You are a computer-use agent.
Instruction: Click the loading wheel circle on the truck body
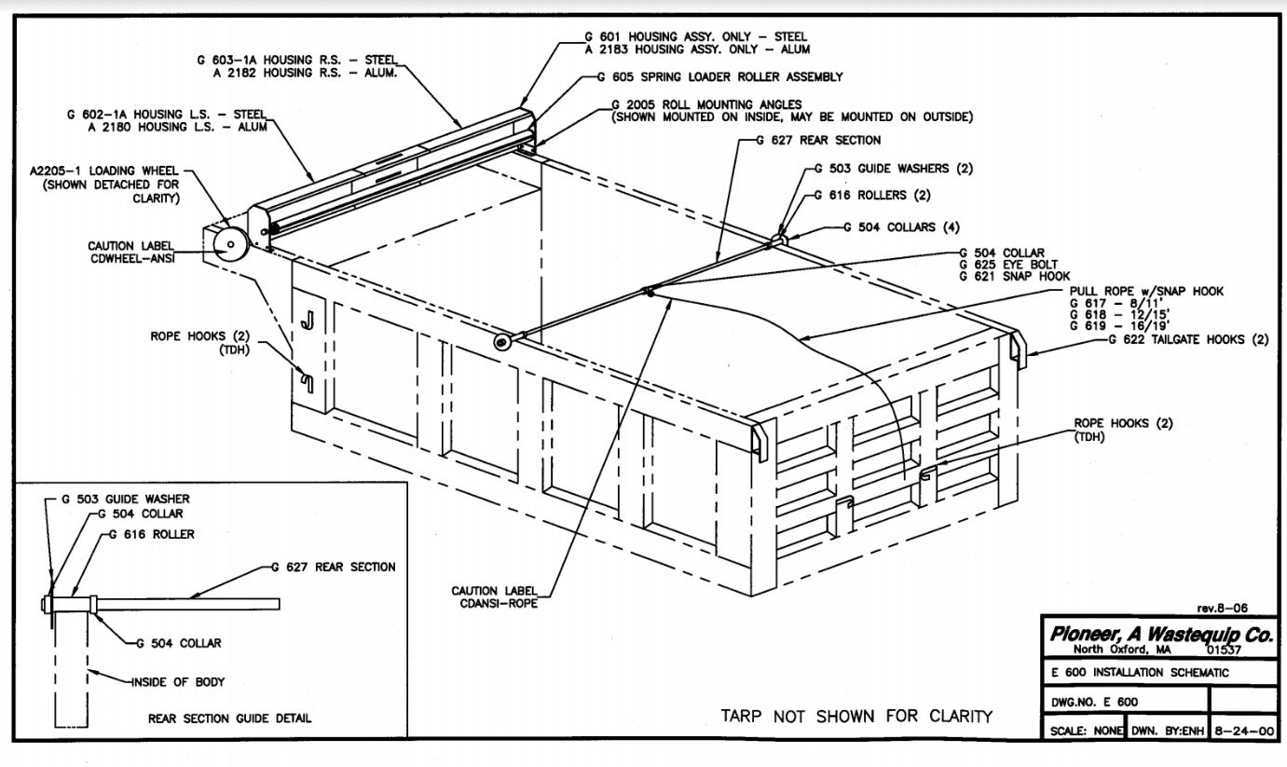[x=228, y=245]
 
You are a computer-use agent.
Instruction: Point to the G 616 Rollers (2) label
[x=872, y=195]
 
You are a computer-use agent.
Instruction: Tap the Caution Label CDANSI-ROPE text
[x=495, y=596]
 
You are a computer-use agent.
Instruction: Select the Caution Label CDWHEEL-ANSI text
[x=130, y=252]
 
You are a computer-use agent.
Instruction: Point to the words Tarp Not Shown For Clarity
[x=856, y=716]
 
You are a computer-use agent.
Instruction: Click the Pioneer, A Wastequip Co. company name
[x=1160, y=635]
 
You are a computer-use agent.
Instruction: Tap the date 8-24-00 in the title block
[x=1242, y=731]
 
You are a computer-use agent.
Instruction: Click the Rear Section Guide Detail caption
[x=229, y=719]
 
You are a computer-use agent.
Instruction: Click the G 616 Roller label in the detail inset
[x=152, y=534]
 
